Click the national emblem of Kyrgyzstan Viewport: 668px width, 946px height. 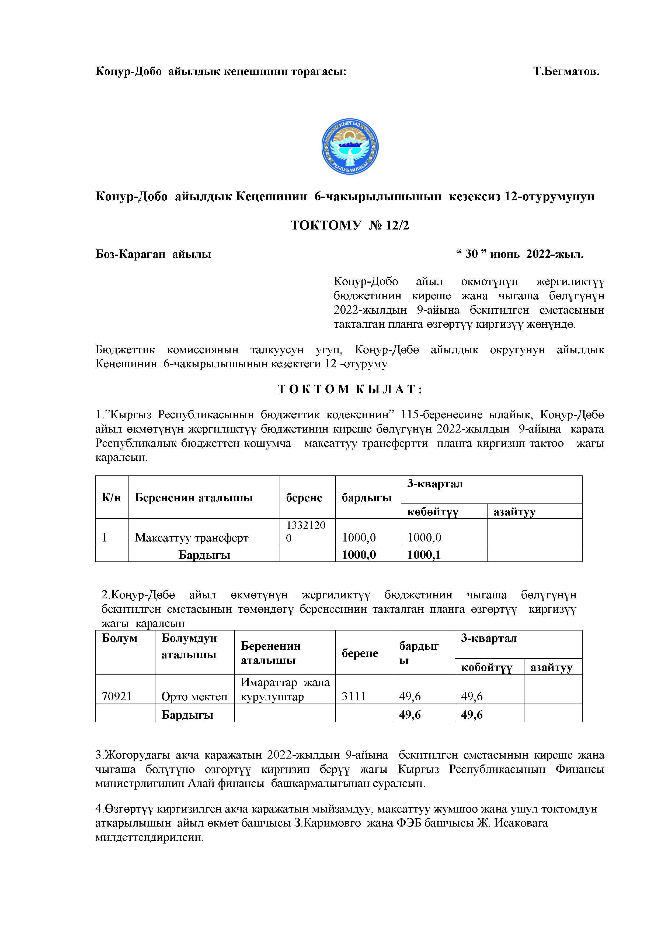350,147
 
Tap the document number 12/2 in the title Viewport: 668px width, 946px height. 397,225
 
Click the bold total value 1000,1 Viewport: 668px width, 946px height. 424,555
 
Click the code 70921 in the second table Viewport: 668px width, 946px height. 117,696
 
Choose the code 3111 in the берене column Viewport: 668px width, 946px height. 354,696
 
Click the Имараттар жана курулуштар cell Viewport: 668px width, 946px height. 285,689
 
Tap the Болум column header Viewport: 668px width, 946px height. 119,638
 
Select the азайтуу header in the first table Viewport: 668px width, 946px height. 514,512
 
